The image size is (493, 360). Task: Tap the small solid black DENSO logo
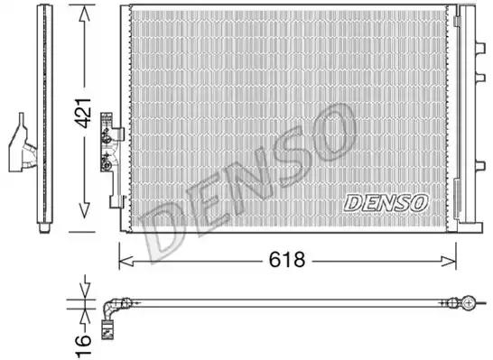386,203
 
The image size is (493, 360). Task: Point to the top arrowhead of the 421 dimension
84,11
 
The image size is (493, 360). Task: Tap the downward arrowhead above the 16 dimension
83,297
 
